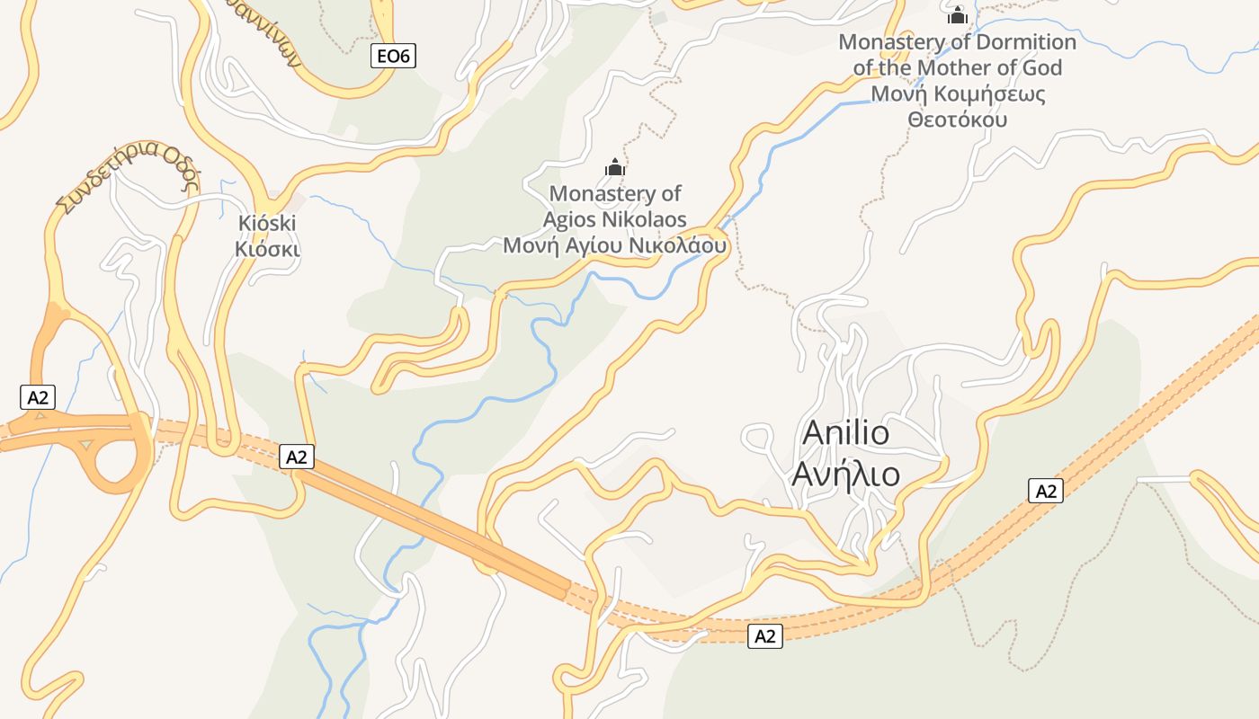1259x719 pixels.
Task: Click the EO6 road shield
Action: pyautogui.click(x=393, y=57)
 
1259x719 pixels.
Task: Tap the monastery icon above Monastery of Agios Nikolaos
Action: pyautogui.click(x=615, y=166)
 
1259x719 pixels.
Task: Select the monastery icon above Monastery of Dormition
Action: pyautogui.click(x=957, y=15)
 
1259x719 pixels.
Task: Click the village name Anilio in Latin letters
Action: pyautogui.click(x=845, y=432)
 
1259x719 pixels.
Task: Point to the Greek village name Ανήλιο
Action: pyautogui.click(x=845, y=473)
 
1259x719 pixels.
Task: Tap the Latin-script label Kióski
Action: pyautogui.click(x=267, y=223)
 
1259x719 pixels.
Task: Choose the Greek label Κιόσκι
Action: pyautogui.click(x=267, y=249)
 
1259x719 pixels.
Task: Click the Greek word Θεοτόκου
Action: pyautogui.click(x=957, y=120)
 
